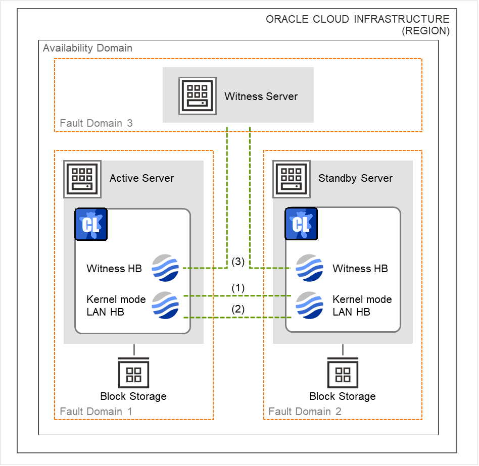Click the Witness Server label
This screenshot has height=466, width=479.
(261, 96)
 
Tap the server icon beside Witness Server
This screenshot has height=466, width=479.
(197, 96)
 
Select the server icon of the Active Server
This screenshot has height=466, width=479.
(82, 179)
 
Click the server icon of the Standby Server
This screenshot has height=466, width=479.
(292, 179)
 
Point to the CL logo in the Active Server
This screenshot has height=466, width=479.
(91, 224)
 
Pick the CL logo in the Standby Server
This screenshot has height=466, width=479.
(301, 224)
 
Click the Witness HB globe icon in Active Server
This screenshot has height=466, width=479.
(165, 268)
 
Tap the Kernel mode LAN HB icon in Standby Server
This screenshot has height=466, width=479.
(309, 305)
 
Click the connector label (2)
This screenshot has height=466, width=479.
(237, 309)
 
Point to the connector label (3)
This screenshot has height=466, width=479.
(237, 262)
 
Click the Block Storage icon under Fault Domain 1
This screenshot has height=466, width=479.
(133, 373)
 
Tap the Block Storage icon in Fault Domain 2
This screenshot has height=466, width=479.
(343, 373)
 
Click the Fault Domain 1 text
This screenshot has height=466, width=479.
(96, 411)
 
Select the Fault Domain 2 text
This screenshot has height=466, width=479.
(305, 411)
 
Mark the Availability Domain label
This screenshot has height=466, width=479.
(87, 48)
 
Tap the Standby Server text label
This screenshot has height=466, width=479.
(355, 178)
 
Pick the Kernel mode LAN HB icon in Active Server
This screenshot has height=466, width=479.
(165, 305)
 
